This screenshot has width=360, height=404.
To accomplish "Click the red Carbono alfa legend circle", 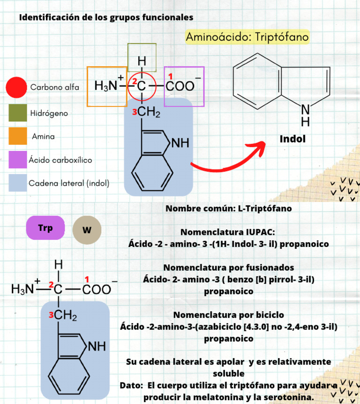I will (x=16, y=87).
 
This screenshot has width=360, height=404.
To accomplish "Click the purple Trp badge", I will (x=45, y=228).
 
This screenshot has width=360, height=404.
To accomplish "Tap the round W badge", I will (x=87, y=230).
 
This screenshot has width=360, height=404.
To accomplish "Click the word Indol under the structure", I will (x=292, y=139).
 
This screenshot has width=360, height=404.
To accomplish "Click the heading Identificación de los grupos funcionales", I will (x=105, y=17).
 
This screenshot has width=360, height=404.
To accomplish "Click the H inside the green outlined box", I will (x=142, y=61).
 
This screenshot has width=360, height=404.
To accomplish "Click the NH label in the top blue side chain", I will (x=180, y=144).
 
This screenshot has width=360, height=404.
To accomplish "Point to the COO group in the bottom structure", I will (x=97, y=290).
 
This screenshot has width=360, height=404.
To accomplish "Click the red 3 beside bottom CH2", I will (x=51, y=315).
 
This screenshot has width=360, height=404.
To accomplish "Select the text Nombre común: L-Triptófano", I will (x=228, y=209).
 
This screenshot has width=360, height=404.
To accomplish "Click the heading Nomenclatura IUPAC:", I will (x=228, y=232).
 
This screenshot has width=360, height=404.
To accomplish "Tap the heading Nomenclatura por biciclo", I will (x=228, y=314).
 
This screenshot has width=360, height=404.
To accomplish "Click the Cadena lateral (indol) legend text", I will (x=69, y=183).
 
